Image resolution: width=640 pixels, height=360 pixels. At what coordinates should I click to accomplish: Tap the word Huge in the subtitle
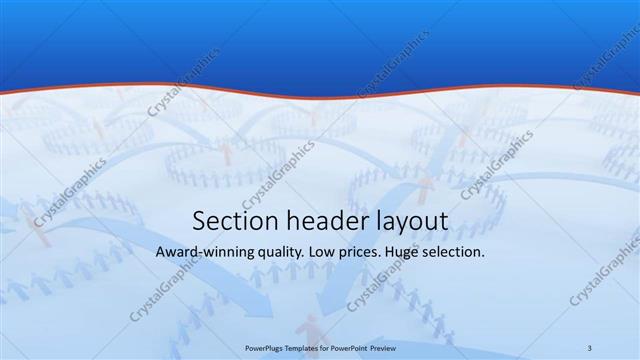pyautogui.click(x=412, y=254)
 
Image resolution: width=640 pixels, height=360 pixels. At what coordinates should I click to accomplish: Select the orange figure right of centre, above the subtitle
pyautogui.click(x=428, y=185)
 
